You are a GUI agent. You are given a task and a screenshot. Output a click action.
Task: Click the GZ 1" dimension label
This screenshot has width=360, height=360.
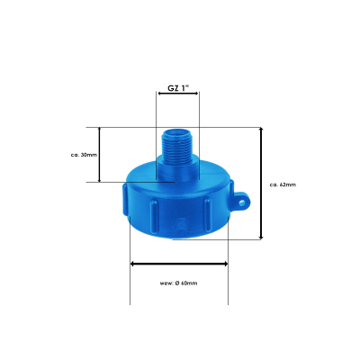(x=178, y=88)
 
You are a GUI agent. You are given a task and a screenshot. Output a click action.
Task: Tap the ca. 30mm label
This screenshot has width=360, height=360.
(x=84, y=155)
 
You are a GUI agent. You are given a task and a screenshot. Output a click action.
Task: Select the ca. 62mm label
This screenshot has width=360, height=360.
(x=283, y=184)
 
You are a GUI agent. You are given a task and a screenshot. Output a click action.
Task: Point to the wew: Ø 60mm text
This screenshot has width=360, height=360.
(x=179, y=283)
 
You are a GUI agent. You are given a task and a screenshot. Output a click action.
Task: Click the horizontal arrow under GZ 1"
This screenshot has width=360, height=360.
(x=178, y=94)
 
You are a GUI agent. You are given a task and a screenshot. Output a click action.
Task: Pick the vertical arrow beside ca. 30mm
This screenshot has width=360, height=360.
(x=100, y=155)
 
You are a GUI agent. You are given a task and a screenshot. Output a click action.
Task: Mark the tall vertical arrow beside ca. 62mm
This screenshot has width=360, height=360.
(x=261, y=183)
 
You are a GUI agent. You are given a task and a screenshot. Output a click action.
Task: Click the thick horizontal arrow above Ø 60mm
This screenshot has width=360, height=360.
(x=179, y=264)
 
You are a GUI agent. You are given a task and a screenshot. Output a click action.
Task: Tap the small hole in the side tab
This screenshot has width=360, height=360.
(x=241, y=203)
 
